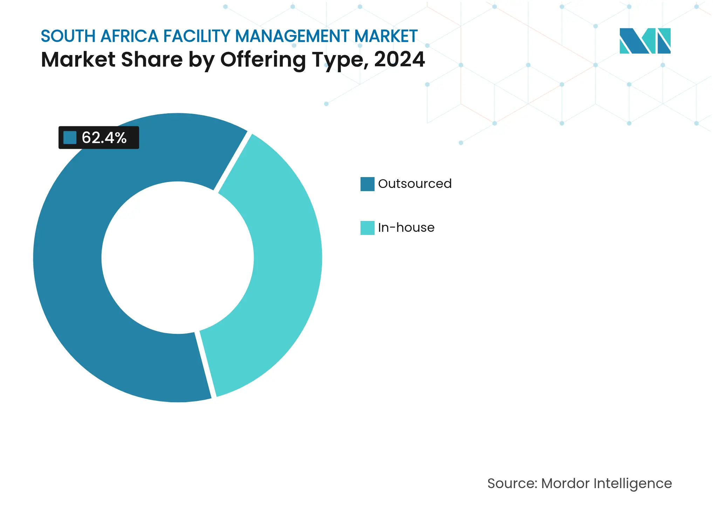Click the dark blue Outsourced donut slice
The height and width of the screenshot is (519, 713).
click(x=70, y=281)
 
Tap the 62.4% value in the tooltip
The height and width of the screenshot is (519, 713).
click(x=104, y=137)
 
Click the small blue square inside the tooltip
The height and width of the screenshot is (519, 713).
click(x=70, y=137)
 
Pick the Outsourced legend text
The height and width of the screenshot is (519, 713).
click(x=414, y=184)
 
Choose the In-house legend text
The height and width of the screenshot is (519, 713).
click(x=406, y=228)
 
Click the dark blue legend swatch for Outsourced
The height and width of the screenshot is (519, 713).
click(x=367, y=184)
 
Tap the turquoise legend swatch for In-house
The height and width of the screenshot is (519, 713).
click(x=367, y=228)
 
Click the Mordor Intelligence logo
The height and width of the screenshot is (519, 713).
click(x=645, y=41)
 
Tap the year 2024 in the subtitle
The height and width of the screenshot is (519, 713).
click(x=399, y=59)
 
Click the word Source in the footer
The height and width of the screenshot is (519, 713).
click(x=511, y=483)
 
